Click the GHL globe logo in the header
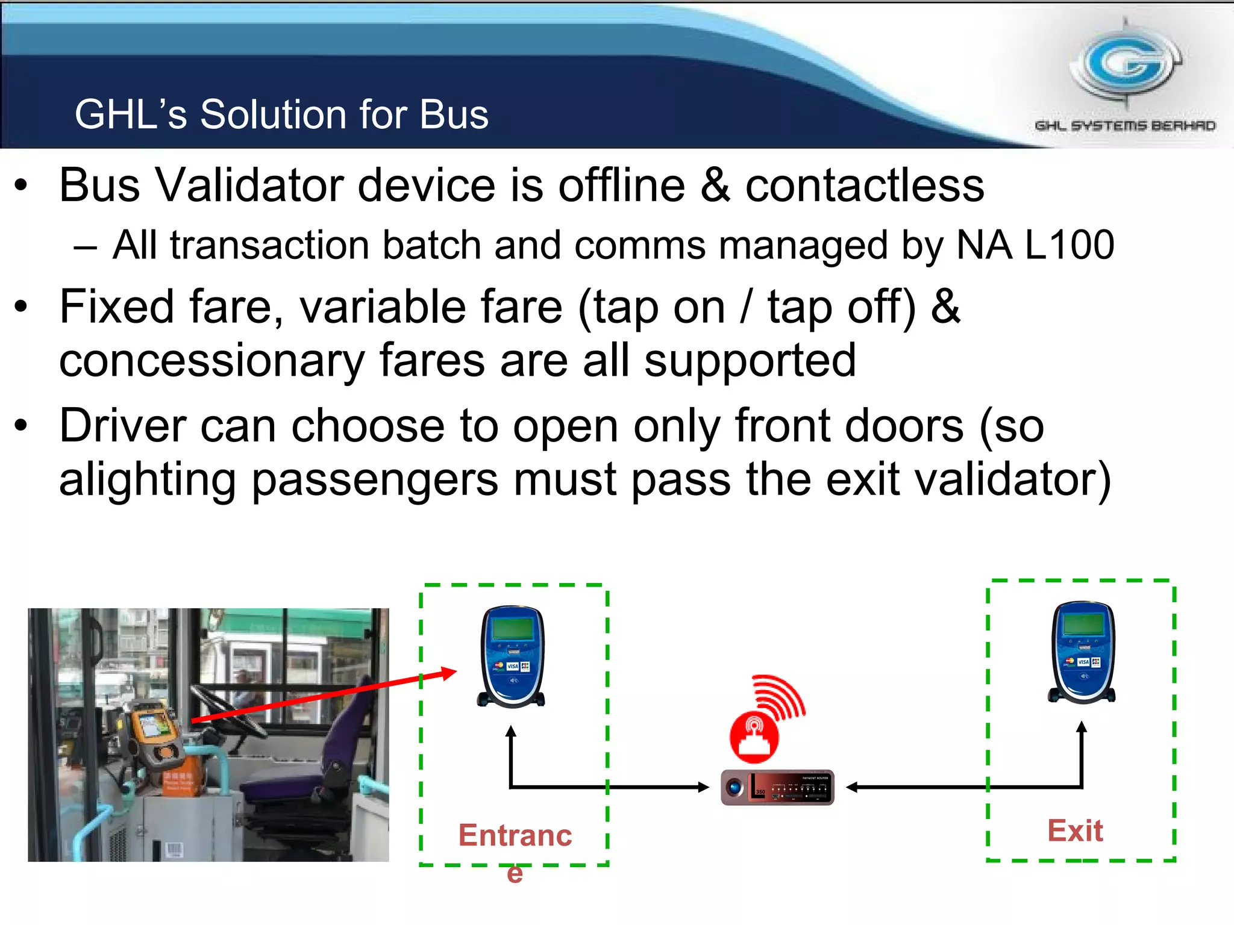1126,63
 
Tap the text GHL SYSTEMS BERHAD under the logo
1125,125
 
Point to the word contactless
865,185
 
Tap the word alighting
147,479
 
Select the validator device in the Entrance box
512,656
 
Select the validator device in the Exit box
1082,652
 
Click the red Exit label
1075,831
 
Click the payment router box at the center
777,787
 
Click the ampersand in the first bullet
715,185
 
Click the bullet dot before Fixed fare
21,307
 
